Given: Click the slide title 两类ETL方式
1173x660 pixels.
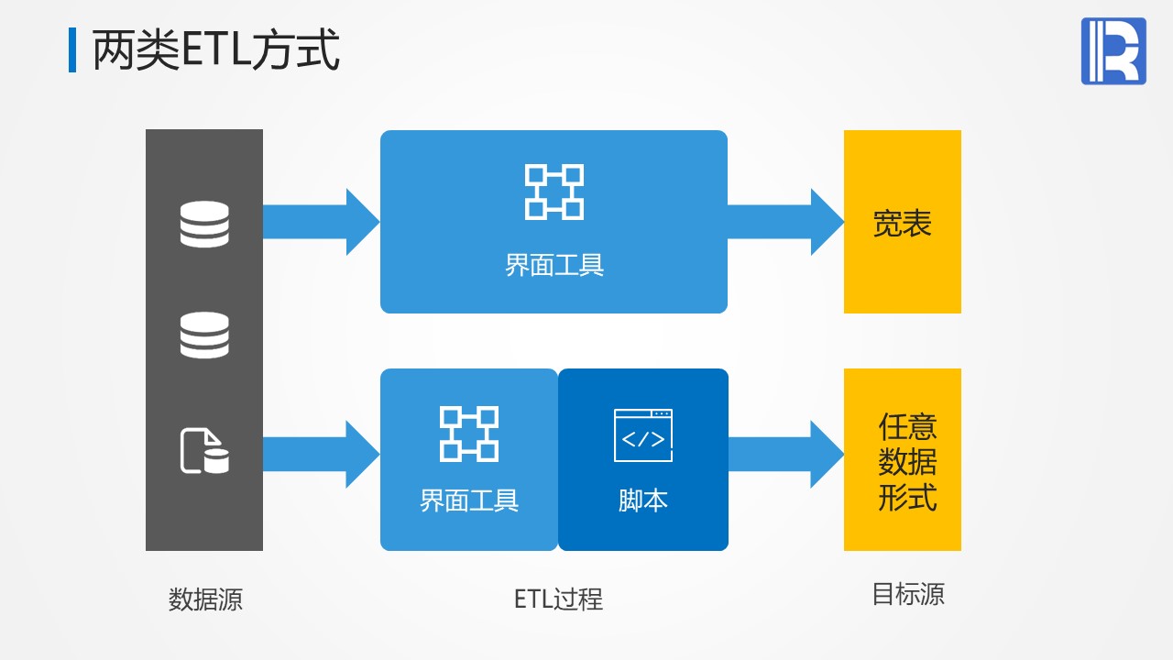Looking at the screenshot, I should [216, 50].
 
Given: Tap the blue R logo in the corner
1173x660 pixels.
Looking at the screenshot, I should [1113, 51].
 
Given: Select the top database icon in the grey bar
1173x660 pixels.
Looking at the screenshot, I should [204, 224].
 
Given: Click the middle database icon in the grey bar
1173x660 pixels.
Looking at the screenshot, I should [204, 335].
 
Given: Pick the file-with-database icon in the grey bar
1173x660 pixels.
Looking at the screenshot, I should [204, 451].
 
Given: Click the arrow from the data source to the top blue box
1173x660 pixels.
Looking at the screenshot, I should [321, 222].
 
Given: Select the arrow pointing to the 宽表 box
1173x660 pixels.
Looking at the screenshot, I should [785, 222].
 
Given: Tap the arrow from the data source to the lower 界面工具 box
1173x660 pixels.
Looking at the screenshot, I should [321, 454].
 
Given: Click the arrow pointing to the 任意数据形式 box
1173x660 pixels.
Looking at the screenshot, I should [785, 454].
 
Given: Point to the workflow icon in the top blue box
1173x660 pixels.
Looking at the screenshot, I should [554, 192].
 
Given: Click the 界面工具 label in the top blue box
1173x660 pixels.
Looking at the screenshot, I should [554, 266].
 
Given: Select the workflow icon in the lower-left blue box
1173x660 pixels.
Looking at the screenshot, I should [469, 434].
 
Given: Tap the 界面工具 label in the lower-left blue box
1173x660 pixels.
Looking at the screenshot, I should [469, 500].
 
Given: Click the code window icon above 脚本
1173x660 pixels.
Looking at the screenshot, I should [643, 435].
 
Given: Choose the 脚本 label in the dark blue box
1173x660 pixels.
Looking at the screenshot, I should [643, 500].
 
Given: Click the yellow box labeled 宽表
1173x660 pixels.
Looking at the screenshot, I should [903, 222].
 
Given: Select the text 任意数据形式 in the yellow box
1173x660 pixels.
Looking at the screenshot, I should [907, 463].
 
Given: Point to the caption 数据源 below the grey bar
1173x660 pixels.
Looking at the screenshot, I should [205, 599].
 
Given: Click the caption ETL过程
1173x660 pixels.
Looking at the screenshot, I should [558, 599].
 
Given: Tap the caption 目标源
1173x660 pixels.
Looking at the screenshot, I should [907, 595].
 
